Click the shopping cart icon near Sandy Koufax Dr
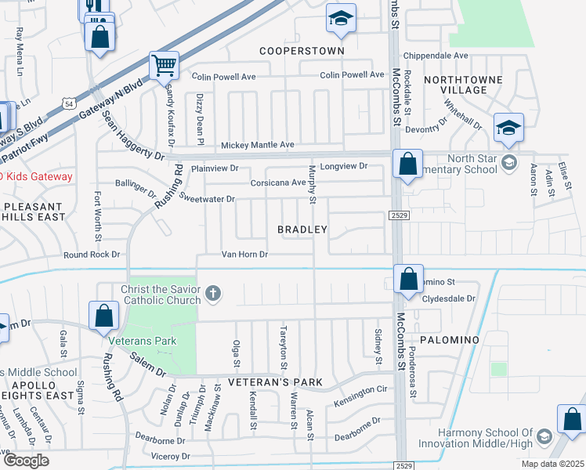164,66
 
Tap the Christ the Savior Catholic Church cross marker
212,295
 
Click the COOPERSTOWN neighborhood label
302,50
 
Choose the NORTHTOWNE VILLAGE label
455,85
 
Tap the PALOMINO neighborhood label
449,340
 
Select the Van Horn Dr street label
244,255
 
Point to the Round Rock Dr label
92,255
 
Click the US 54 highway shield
70,103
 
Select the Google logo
25,461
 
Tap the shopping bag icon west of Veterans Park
104,316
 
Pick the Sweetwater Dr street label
207,199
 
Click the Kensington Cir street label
360,389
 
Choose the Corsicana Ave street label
277,183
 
